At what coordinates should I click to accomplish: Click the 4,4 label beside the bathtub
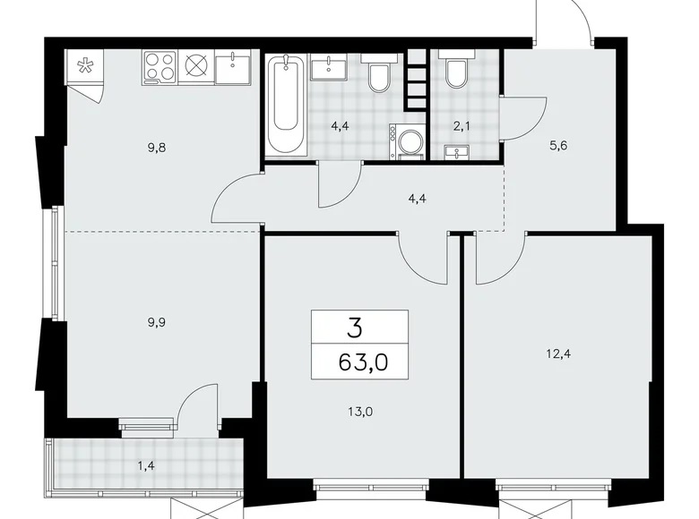point(340,126)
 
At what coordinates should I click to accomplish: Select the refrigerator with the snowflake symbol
point(86,66)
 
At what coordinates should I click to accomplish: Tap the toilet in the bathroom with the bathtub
point(377,75)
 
